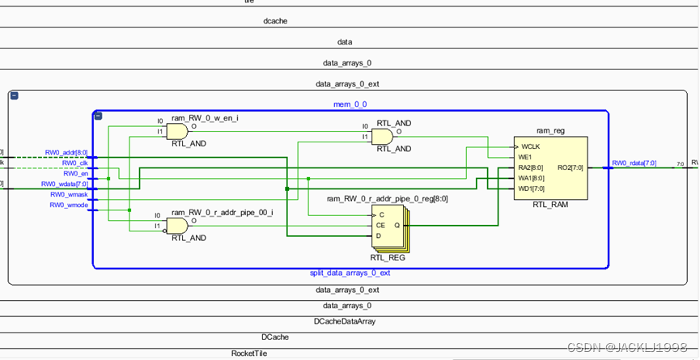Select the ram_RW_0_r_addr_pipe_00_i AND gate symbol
click(177, 226)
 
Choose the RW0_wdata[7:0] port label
click(65, 184)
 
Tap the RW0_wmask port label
click(69, 194)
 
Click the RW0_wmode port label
click(69, 205)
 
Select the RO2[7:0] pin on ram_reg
click(571, 168)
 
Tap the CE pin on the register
click(381, 225)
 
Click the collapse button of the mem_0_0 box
click(98, 116)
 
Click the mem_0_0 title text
click(350, 104)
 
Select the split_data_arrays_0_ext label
click(350, 273)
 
